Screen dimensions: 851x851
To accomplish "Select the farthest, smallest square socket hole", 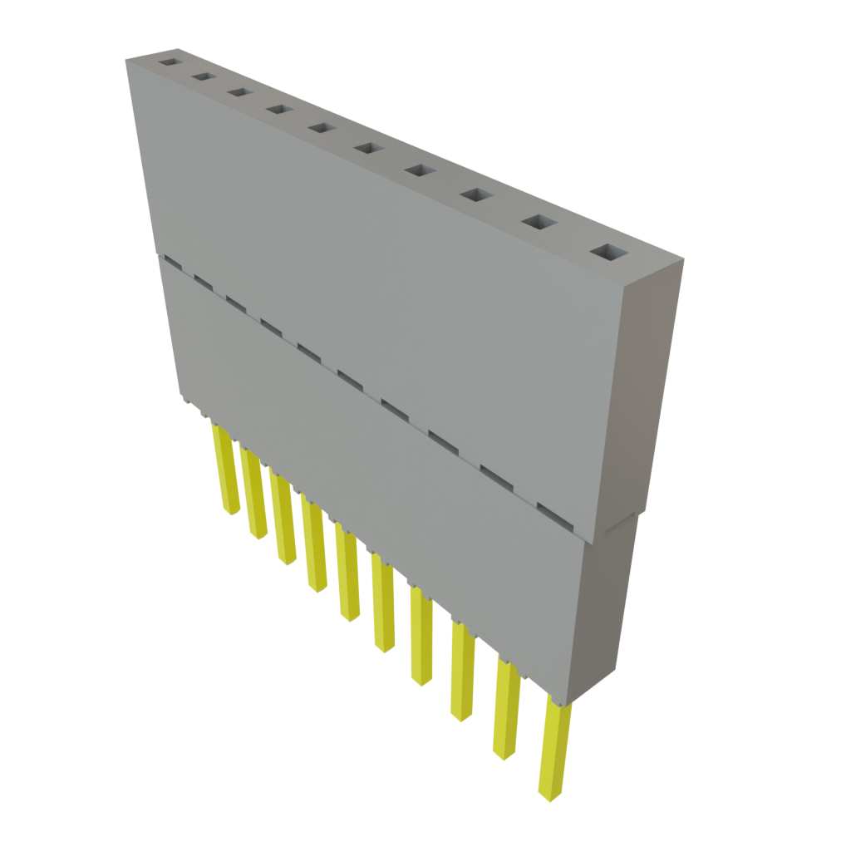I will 170,62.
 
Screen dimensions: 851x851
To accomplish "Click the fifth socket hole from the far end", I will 321,128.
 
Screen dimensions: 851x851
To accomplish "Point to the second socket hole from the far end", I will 202,76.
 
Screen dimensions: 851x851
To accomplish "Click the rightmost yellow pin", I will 554,748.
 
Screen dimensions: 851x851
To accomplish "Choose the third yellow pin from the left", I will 283,515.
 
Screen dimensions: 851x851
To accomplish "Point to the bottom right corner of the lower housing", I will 572,703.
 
